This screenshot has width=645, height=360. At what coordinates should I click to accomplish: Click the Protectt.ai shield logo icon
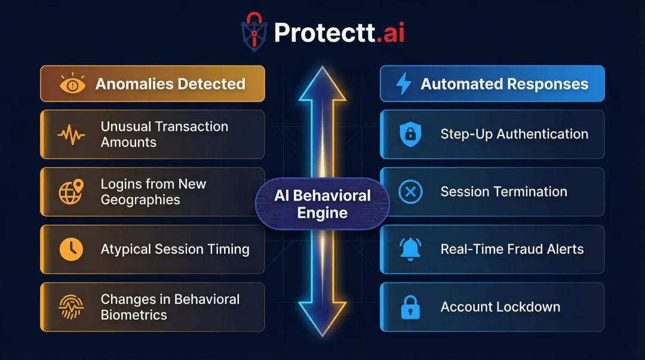254,32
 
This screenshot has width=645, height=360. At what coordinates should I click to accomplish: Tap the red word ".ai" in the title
391,33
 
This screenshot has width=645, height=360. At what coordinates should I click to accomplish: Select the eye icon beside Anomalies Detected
72,84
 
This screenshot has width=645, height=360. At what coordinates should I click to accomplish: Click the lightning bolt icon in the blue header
404,84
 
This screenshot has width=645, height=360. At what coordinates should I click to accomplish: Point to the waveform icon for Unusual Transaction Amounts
71,134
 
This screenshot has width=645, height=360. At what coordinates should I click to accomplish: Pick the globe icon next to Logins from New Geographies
71,192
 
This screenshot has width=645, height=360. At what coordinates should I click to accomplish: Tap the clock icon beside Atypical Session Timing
71,249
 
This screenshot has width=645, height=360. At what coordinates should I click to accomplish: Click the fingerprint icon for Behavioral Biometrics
71,307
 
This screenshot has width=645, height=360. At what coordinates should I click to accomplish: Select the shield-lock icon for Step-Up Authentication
410,134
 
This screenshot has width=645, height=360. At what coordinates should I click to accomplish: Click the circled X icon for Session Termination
410,192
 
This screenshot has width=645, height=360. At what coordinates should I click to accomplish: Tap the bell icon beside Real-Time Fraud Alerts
410,249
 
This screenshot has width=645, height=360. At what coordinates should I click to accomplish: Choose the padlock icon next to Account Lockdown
410,307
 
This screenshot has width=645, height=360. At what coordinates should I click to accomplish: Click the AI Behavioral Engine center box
322,204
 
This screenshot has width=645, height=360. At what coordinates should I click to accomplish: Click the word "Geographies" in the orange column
140,200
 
